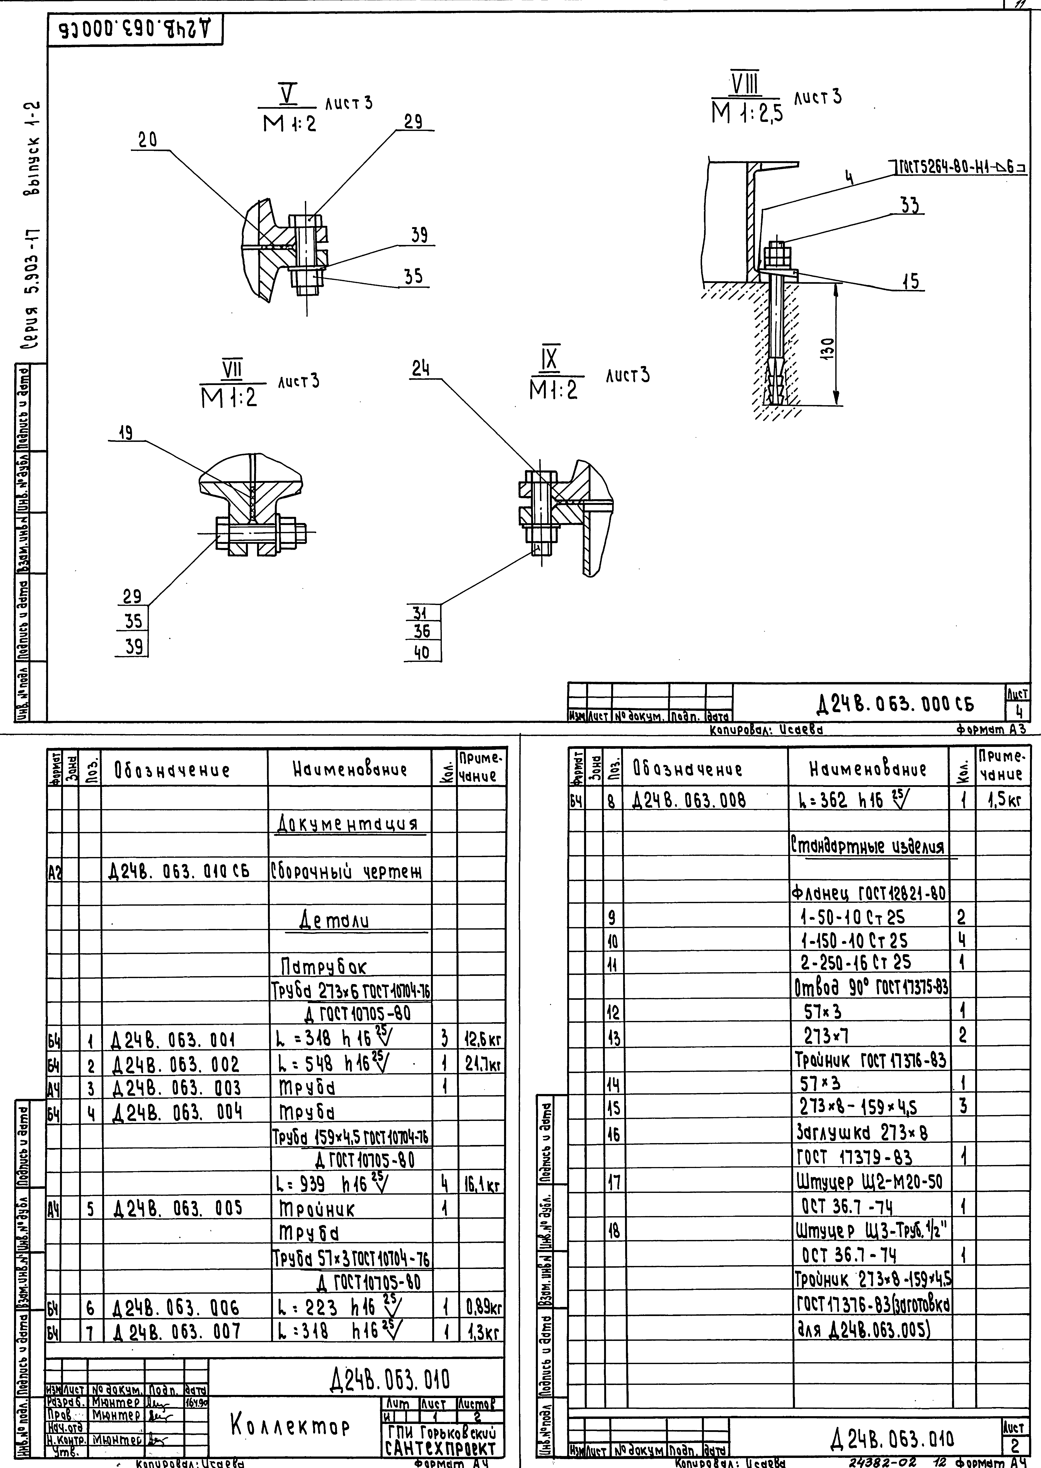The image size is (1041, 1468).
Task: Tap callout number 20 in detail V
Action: coord(148,140)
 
